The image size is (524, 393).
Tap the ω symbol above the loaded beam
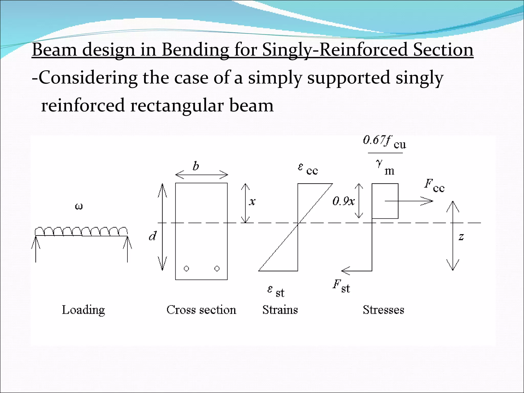(79, 206)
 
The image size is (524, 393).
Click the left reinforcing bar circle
(187, 268)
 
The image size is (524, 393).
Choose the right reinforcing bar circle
(217, 268)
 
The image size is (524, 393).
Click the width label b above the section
(196, 166)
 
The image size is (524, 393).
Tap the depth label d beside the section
(152, 236)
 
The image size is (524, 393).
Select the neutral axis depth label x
(252, 202)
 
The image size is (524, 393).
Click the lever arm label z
(461, 237)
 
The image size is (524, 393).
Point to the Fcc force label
(434, 186)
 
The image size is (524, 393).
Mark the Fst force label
(341, 287)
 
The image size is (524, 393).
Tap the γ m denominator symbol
(385, 167)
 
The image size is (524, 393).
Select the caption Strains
(280, 310)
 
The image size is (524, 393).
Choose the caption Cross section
(201, 310)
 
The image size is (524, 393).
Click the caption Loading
(83, 310)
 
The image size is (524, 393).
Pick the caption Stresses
(384, 310)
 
